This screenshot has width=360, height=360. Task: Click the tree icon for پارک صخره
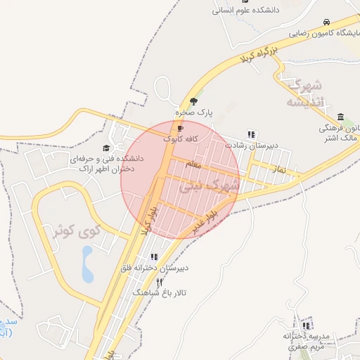click(194, 101)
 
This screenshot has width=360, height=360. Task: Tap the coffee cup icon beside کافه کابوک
click(181, 129)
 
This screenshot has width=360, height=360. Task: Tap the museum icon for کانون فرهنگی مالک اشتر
click(341, 117)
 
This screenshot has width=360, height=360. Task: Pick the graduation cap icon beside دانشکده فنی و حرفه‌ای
click(106, 148)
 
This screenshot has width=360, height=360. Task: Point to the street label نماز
click(279, 170)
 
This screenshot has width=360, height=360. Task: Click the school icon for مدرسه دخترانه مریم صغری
click(305, 326)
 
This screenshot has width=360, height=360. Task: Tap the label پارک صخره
click(194, 112)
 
